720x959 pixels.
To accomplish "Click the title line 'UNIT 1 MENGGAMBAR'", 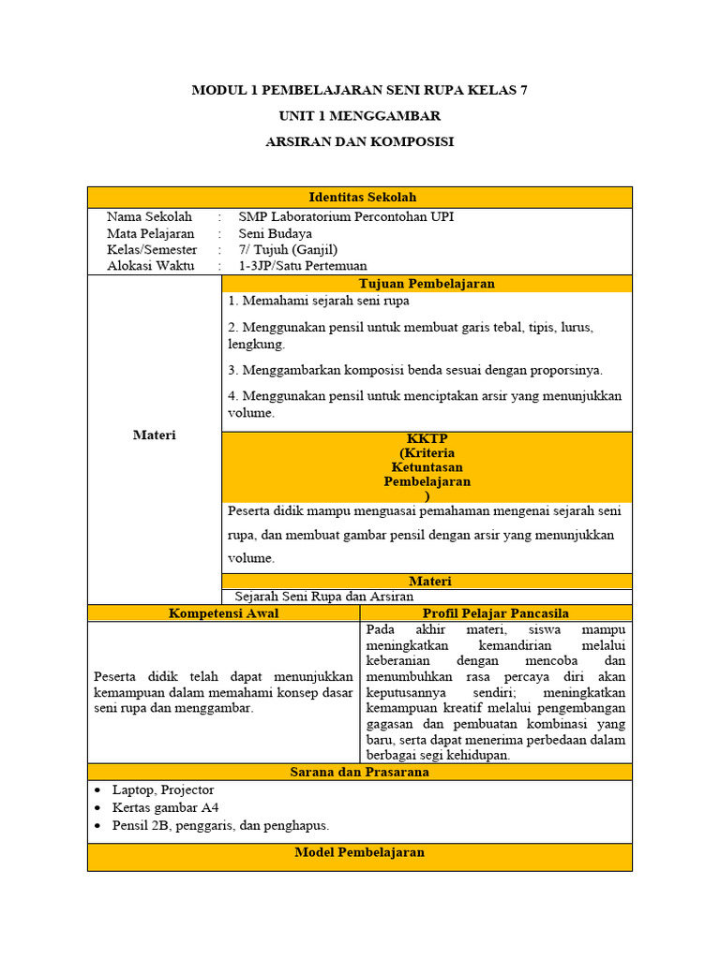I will pos(359,116).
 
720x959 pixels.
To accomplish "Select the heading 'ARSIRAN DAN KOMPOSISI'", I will pos(359,141).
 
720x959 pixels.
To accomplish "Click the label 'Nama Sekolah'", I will pos(149,216).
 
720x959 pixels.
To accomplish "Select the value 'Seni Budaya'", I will pos(276,233).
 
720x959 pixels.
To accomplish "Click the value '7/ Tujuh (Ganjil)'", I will pos(288,250).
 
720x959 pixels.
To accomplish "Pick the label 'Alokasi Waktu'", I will pos(150,266).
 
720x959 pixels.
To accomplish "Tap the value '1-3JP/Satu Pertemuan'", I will pos(303,266).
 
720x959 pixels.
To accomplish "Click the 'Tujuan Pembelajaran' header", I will pos(427,283).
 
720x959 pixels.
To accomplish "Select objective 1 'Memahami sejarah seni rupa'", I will pos(319,301).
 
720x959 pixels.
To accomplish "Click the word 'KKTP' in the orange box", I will pos(427,438).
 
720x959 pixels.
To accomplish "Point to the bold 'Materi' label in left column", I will pos(154,435).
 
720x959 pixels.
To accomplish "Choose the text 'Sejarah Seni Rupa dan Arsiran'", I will pos(323,596).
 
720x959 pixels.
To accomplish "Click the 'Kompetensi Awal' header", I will pos(223,612).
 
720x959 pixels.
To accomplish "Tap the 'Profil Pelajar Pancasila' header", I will pos(496,612).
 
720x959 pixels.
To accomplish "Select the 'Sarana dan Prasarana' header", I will pos(359,772).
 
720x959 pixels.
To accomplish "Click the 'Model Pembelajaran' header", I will pos(359,852).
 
